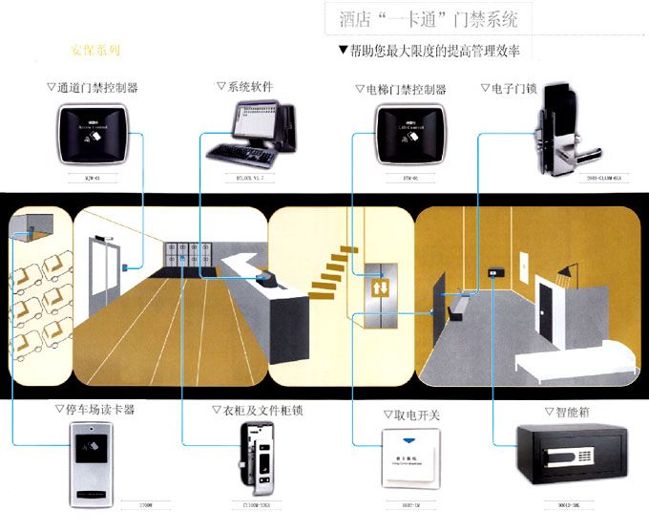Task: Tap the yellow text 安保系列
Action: [x=96, y=49]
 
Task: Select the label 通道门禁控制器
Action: [x=93, y=88]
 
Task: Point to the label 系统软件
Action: [x=245, y=87]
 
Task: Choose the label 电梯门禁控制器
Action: [x=400, y=89]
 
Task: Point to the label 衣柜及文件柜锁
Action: [x=257, y=410]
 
